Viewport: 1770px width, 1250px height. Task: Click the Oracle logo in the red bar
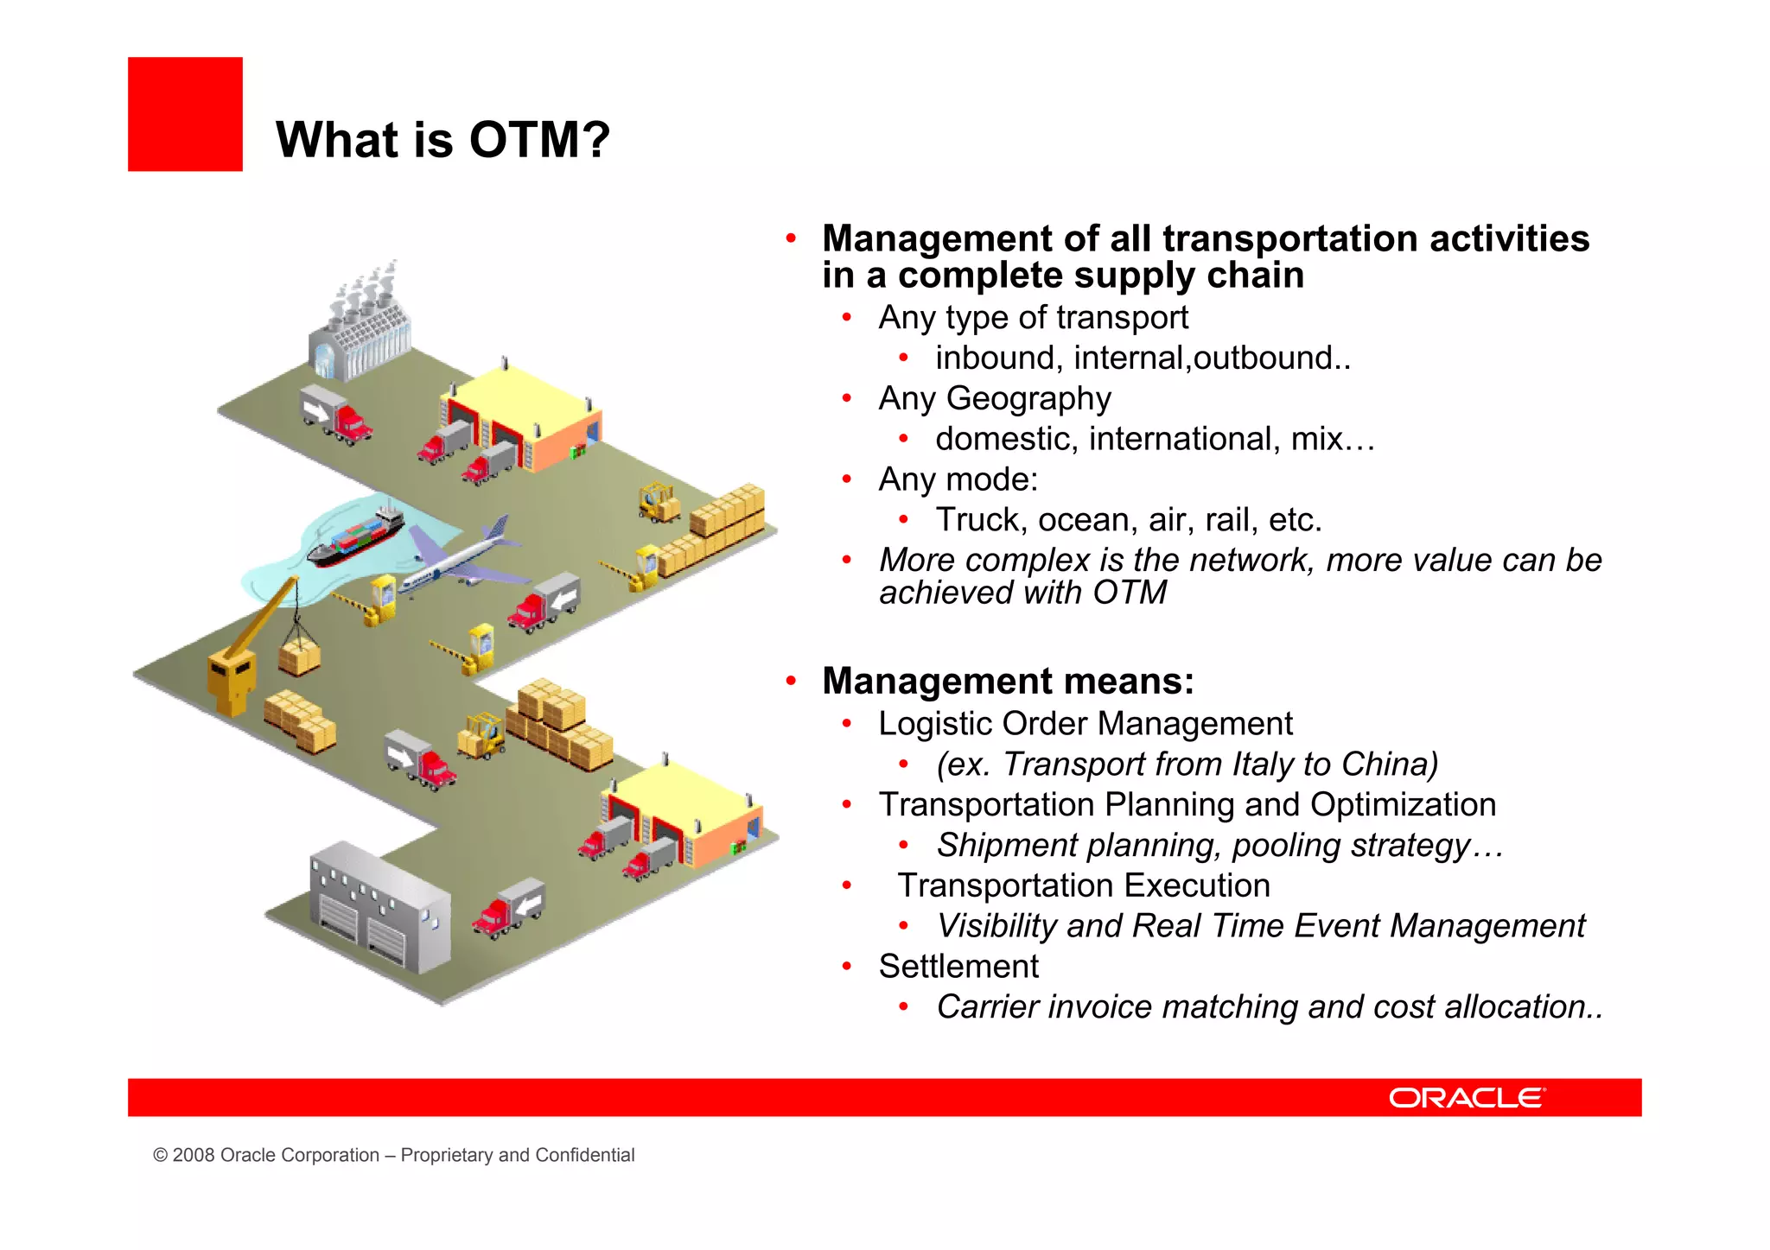tap(1466, 1097)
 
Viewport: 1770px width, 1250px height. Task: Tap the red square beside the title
tap(185, 114)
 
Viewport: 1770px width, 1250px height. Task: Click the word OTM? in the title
tap(539, 140)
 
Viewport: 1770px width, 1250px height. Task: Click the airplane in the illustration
tap(462, 557)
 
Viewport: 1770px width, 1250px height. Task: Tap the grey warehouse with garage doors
tap(380, 907)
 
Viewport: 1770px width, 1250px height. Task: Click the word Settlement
tap(958, 966)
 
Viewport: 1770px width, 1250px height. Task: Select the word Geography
tap(1028, 398)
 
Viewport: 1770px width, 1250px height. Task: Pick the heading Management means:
tap(1008, 681)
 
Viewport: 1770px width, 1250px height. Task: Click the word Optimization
tap(1403, 804)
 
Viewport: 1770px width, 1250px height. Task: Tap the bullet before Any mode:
tap(847, 479)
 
